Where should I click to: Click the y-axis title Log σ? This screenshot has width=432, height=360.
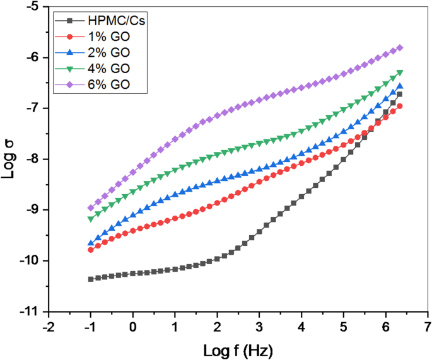point(9,160)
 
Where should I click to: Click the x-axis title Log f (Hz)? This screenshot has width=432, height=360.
point(238,349)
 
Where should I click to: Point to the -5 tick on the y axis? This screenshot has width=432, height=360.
point(32,7)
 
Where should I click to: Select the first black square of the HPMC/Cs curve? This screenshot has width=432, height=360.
point(91,279)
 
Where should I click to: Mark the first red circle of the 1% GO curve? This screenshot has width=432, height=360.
point(91,250)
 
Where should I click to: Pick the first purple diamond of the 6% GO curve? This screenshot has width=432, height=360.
point(91,207)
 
